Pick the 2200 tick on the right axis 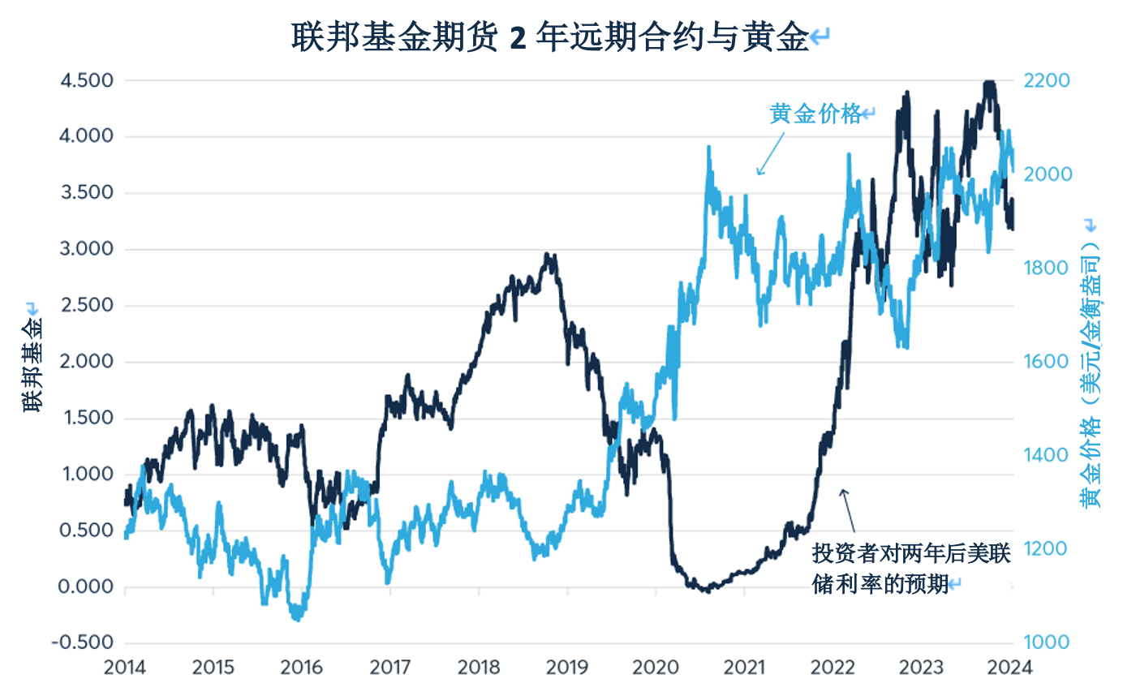coord(1048,80)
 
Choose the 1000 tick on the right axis coord(1048,642)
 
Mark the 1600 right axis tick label coord(1048,362)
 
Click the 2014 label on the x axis coord(125,668)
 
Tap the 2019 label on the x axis coord(568,668)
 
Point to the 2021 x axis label coord(746,668)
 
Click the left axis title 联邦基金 coord(32,357)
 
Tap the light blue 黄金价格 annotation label coord(815,114)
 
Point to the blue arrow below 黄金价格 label coord(772,152)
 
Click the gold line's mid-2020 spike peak coord(709,148)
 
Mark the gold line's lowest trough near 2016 coord(297,620)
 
